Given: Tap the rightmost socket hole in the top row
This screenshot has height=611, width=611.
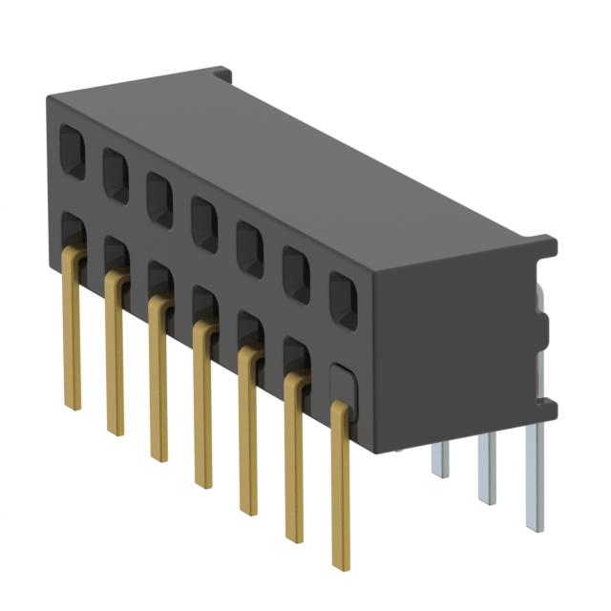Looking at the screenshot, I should pyautogui.click(x=343, y=301).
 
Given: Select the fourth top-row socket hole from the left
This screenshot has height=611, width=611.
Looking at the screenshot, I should pyautogui.click(x=204, y=223).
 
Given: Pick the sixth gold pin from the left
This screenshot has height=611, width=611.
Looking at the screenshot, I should pyautogui.click(x=295, y=458).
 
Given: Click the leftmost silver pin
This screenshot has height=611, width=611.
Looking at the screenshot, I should pyautogui.click(x=439, y=458).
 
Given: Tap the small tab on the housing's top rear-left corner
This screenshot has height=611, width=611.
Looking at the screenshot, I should pyautogui.click(x=221, y=73).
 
